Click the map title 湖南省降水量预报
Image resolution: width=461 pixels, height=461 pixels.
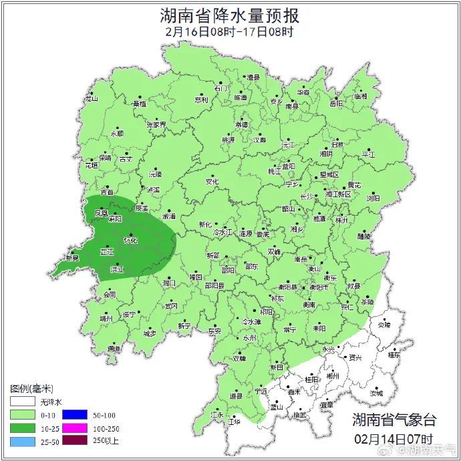[x=230, y=15]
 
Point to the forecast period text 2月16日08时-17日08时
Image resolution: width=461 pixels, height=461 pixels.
[x=230, y=31]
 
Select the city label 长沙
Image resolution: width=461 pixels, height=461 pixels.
[x=306, y=197]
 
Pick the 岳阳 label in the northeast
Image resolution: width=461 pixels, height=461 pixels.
[x=336, y=104]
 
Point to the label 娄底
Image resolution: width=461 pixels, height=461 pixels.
[x=263, y=235]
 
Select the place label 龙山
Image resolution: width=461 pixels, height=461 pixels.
[x=91, y=99]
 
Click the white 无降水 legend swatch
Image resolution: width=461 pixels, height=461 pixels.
[x=23, y=402]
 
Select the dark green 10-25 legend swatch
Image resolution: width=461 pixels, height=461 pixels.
[x=23, y=428]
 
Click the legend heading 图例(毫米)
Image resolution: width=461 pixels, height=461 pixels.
[x=31, y=389]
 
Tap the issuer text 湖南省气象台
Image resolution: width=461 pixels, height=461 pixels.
[x=394, y=420]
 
